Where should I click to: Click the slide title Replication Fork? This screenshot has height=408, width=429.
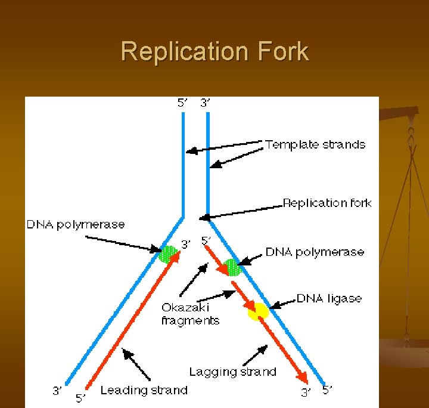tap(214, 51)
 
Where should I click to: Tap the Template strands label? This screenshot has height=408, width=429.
tap(315, 144)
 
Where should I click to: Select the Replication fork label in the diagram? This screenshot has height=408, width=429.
tap(327, 203)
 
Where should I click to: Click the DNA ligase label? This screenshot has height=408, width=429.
tap(329, 298)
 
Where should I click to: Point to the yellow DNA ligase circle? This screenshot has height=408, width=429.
tap(258, 311)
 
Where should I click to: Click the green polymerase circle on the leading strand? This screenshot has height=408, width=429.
tap(168, 254)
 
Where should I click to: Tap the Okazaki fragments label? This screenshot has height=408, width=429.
tap(190, 314)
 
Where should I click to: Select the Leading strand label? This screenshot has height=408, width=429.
tap(144, 390)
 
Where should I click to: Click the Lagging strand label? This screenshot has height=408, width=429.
tap(232, 372)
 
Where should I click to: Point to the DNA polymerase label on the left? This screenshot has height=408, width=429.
tap(76, 224)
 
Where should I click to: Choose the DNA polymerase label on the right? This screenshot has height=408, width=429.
tap(314, 252)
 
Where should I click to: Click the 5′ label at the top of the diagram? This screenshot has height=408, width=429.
tap(182, 103)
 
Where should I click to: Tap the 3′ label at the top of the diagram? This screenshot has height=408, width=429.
tap(205, 103)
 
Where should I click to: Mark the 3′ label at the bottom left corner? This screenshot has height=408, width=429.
tap(57, 391)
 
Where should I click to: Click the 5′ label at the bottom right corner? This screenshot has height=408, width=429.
tap(327, 390)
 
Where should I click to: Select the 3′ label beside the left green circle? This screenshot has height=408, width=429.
tap(186, 244)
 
